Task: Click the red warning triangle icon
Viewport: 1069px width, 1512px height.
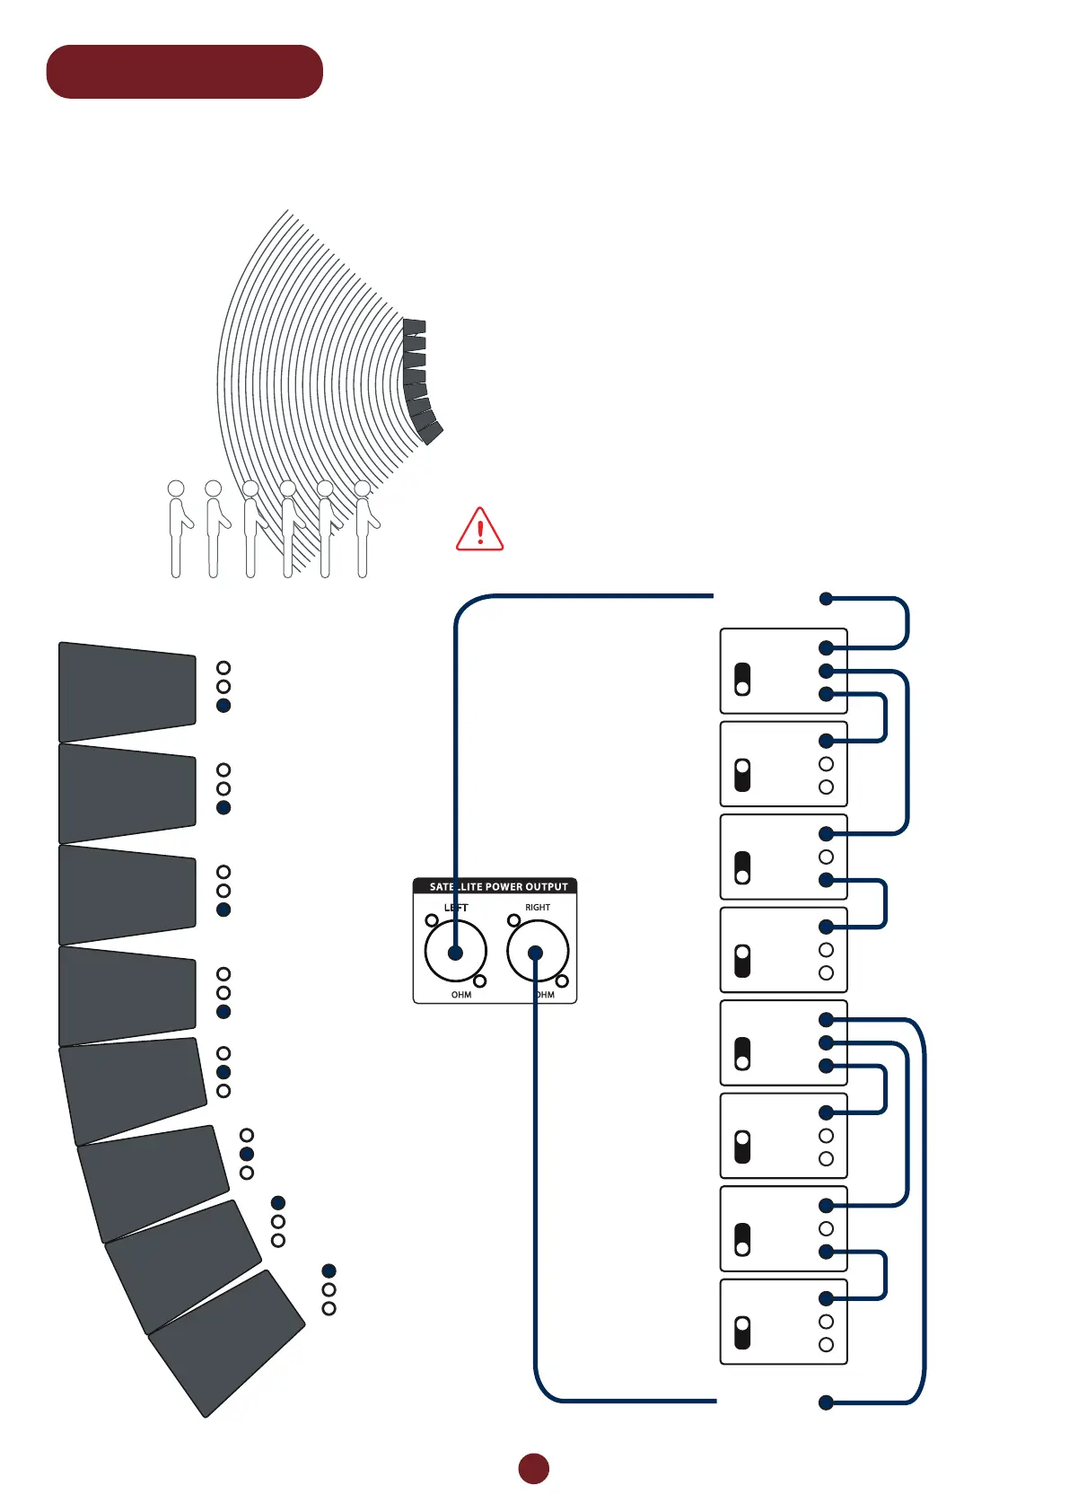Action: coord(479,530)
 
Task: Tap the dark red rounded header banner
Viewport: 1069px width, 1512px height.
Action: coord(184,72)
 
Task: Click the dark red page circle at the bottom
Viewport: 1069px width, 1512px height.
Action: coord(533,1468)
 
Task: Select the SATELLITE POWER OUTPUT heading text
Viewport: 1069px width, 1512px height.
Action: coord(498,887)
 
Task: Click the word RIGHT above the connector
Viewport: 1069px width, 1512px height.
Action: coord(538,908)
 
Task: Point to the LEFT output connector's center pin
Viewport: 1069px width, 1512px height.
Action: coord(456,953)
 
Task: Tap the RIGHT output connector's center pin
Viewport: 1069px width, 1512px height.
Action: coord(536,953)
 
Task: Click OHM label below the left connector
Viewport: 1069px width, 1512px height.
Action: coord(461,995)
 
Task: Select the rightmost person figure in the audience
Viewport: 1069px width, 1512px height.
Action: coord(364,530)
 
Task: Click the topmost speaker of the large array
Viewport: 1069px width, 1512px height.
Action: coord(127,691)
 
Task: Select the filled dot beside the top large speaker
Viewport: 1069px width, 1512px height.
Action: coord(223,706)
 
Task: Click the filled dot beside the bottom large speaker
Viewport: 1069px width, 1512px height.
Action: coord(329,1270)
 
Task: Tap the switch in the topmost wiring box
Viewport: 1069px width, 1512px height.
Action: coord(742,680)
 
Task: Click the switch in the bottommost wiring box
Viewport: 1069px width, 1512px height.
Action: coord(742,1332)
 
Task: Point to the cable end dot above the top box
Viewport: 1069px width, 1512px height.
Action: coord(826,599)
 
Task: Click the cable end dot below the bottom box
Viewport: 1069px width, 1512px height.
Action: coord(826,1402)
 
